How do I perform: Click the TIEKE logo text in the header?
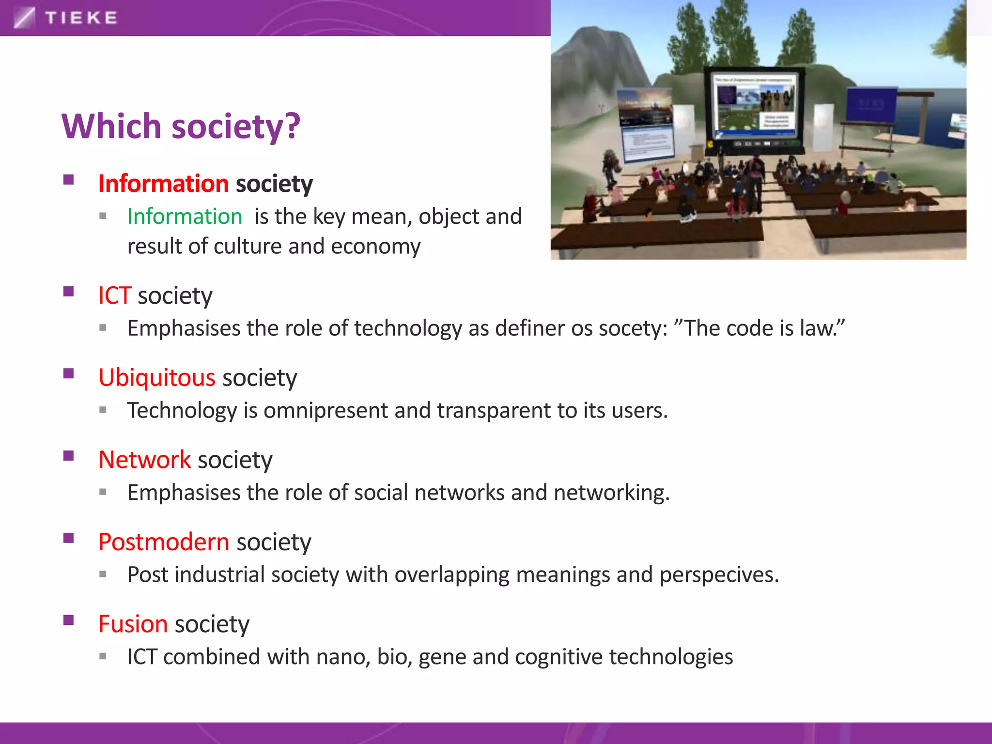pyautogui.click(x=81, y=18)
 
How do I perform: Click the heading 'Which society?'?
pyautogui.click(x=181, y=126)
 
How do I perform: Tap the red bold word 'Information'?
pyautogui.click(x=163, y=184)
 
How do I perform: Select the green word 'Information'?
pyautogui.click(x=185, y=217)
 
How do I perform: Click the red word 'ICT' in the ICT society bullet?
pyautogui.click(x=114, y=295)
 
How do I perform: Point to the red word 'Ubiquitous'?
pyautogui.click(x=156, y=378)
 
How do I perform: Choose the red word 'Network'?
pyautogui.click(x=144, y=460)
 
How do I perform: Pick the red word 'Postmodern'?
pyautogui.click(x=164, y=542)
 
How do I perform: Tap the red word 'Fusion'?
pyautogui.click(x=133, y=624)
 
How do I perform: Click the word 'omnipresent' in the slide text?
pyautogui.click(x=325, y=411)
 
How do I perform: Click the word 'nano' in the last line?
pyautogui.click(x=342, y=657)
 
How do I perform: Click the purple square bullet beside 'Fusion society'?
pyautogui.click(x=68, y=620)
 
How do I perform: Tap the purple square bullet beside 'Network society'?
pyautogui.click(x=68, y=456)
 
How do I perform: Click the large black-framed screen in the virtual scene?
pyautogui.click(x=754, y=109)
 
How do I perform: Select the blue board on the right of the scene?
pyautogui.click(x=871, y=104)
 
